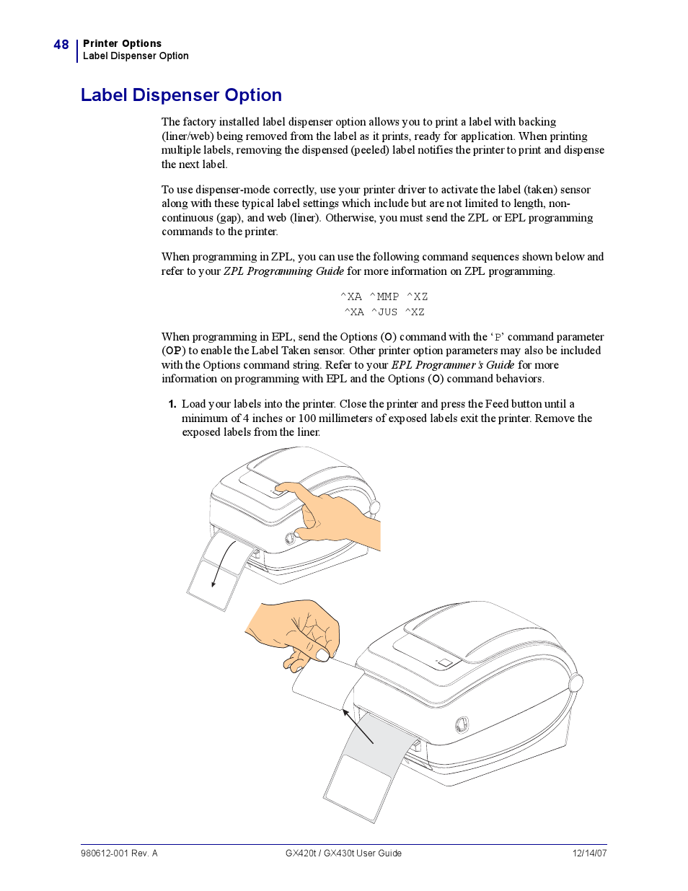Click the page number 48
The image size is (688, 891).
[x=61, y=44]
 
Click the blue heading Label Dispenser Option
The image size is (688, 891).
[x=181, y=95]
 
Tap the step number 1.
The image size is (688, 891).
[x=172, y=404]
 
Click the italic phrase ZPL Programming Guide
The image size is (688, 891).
[x=283, y=271]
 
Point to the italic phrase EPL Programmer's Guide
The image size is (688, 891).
[x=452, y=365]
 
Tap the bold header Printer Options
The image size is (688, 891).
[x=122, y=43]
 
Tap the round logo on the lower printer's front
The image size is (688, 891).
[x=462, y=724]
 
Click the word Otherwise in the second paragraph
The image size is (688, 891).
[x=350, y=218]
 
